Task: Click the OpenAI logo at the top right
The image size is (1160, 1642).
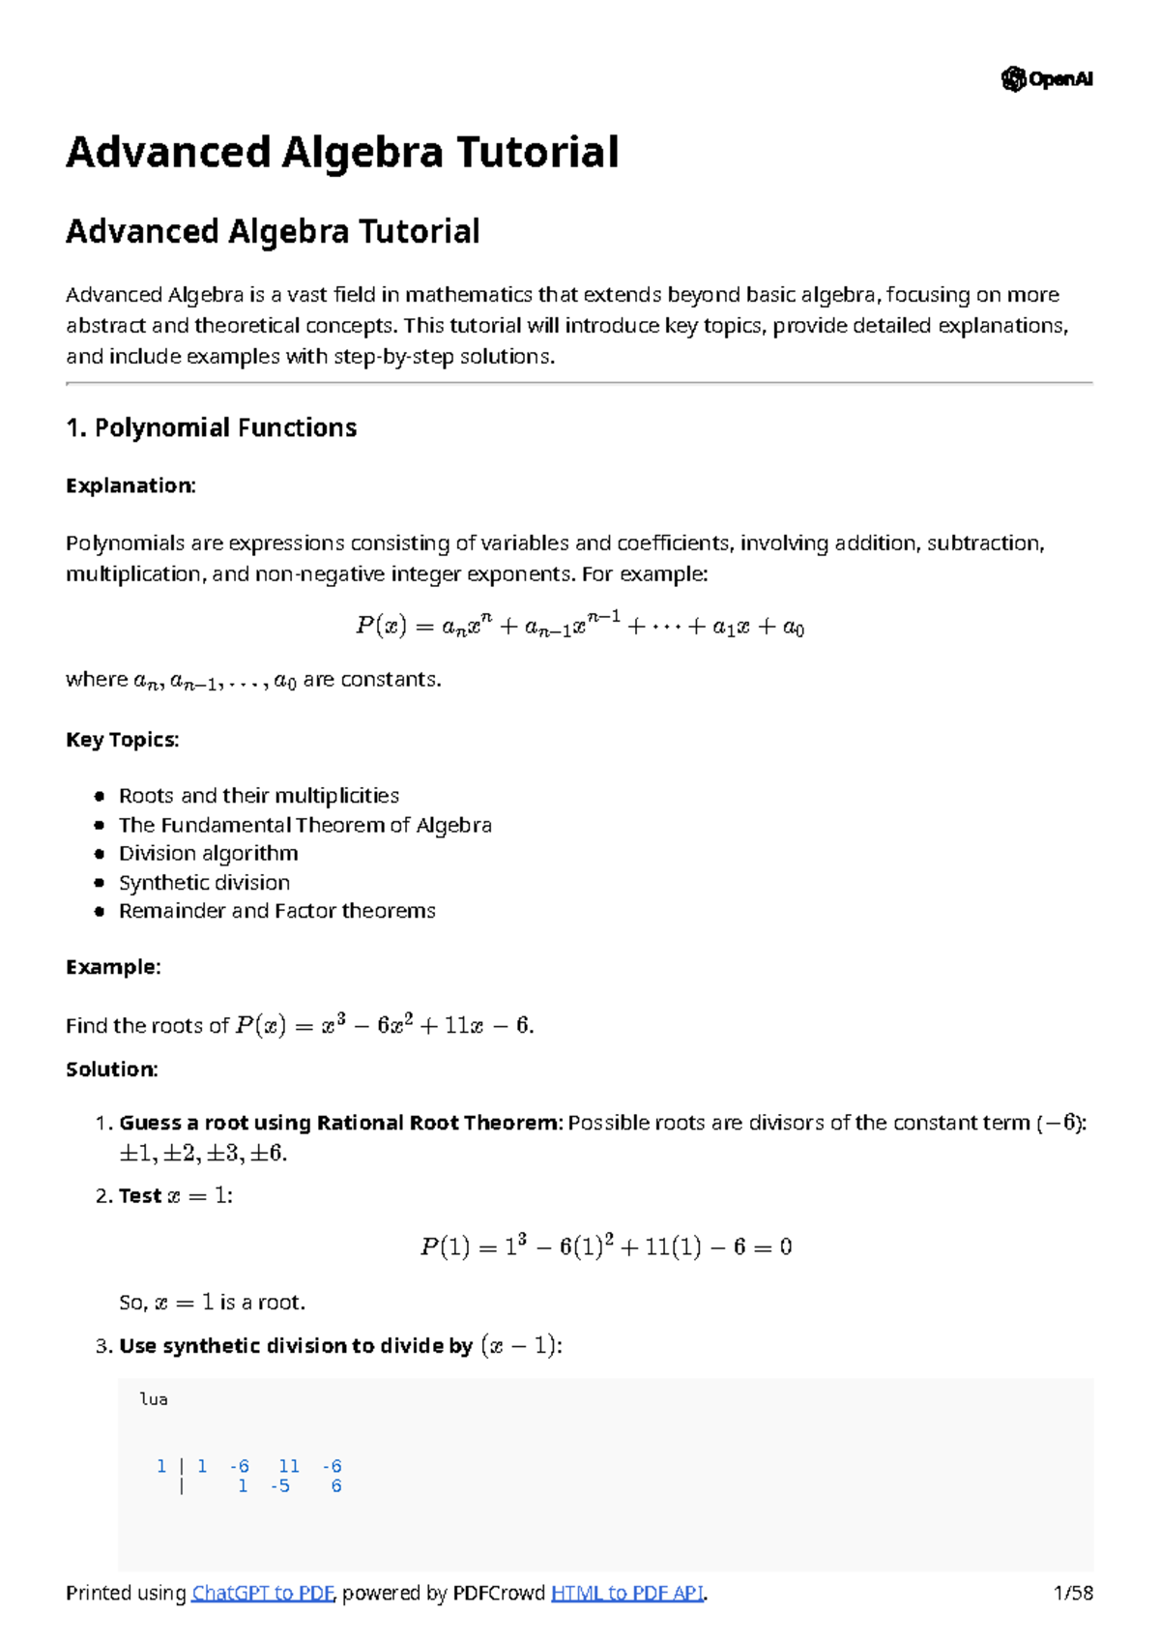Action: coord(1047,79)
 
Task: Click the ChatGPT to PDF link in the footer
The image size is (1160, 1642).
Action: coord(263,1593)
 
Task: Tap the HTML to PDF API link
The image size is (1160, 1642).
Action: coord(626,1593)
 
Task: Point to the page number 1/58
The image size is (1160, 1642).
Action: coord(1073,1593)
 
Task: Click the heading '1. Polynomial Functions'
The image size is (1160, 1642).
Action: coord(211,427)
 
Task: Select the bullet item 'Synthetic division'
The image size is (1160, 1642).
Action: coord(204,882)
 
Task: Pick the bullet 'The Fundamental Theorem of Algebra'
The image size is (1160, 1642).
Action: coord(304,825)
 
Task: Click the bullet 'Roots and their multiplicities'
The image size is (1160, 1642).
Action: coord(258,796)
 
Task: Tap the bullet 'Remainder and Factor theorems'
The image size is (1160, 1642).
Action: coord(276,911)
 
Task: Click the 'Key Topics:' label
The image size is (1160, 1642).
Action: coord(122,740)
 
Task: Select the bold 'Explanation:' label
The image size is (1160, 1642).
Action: coord(130,485)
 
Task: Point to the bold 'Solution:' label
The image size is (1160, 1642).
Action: coord(111,1070)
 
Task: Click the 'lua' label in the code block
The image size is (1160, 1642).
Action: coord(154,1399)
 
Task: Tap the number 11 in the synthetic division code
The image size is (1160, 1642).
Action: coord(288,1466)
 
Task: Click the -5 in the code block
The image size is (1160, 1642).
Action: coord(280,1486)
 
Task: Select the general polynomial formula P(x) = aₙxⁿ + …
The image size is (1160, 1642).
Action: coord(580,627)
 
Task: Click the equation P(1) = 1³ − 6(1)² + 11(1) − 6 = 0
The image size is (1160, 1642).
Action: coord(606,1246)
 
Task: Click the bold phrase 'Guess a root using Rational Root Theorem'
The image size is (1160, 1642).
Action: coord(338,1123)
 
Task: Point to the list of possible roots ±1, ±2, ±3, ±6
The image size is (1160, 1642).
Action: coord(202,1153)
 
